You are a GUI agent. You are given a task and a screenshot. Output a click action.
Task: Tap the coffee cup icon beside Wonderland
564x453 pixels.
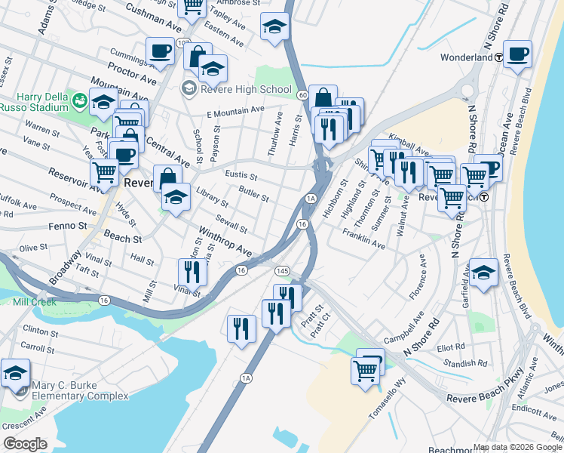point(518,54)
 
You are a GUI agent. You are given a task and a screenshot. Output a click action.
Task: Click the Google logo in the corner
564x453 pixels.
point(25,443)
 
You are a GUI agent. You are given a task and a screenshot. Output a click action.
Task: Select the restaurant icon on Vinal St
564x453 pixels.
point(192,272)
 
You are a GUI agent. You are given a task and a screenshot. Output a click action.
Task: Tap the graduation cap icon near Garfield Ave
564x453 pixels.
point(483,273)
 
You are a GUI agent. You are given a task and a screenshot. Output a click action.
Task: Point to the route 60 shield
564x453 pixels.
point(302,95)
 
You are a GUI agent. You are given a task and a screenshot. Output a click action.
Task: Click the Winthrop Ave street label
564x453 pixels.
point(224,238)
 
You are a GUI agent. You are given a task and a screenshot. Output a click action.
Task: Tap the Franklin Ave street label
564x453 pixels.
point(363,239)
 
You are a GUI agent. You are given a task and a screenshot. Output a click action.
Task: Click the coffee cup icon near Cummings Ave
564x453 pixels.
point(159,51)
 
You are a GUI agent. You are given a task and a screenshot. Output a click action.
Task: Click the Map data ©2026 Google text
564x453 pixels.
point(516,446)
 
